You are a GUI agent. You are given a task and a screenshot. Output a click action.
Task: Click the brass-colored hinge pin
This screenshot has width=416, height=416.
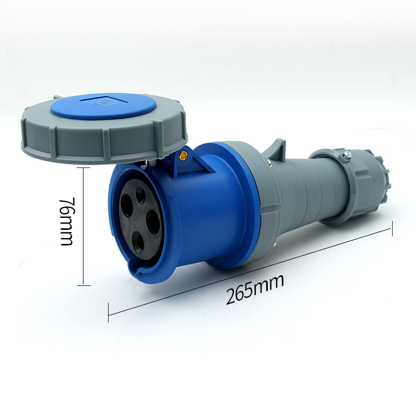coord(183,155)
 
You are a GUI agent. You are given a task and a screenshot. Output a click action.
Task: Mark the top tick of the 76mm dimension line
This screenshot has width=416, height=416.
coord(84,167)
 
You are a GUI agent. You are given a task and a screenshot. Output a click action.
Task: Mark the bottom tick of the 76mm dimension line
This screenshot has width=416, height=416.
coord(84,285)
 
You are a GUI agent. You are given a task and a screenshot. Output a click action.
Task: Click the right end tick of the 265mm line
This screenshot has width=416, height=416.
coord(392,229)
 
